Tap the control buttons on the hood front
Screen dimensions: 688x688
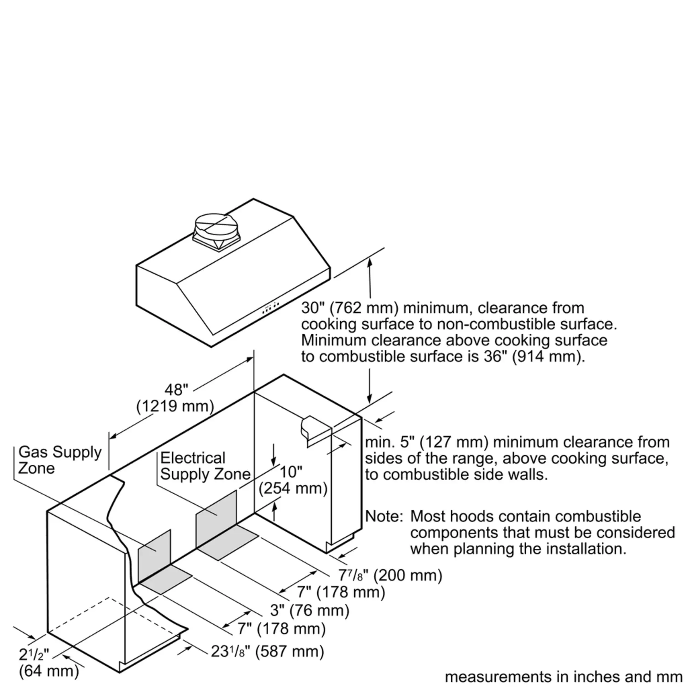coord(271,308)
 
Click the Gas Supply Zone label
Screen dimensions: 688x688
coord(60,460)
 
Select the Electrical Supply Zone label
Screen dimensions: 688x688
coord(205,466)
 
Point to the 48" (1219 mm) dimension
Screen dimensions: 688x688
coord(175,398)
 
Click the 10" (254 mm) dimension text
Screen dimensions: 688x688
coord(293,480)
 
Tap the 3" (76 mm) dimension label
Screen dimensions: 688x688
coord(310,610)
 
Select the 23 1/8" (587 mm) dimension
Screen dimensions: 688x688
coord(267,651)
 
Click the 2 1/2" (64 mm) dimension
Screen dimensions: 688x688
coord(49,663)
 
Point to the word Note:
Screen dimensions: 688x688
coord(384,516)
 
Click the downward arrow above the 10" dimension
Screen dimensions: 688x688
coord(273,455)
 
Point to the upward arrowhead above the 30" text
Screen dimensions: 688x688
coord(370,262)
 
